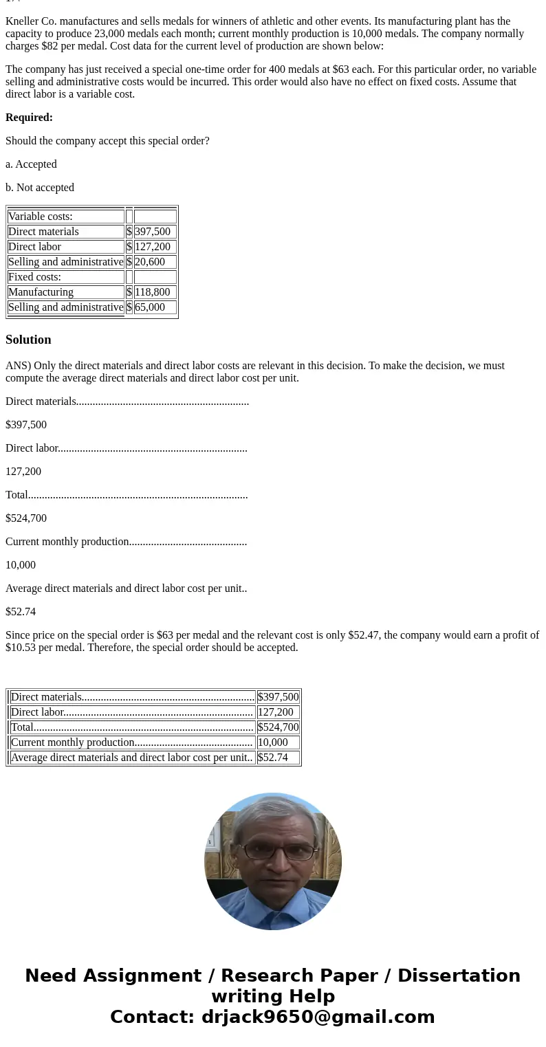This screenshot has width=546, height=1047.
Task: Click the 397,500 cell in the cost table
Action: point(155,232)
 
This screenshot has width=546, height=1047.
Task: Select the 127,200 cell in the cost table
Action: point(155,247)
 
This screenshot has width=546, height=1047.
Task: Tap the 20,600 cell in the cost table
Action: point(155,262)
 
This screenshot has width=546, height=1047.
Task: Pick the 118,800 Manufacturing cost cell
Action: point(155,292)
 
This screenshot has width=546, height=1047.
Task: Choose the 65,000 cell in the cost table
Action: point(155,307)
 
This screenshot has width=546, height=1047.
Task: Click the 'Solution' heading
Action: point(28,340)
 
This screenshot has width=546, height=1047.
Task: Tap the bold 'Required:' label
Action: point(29,118)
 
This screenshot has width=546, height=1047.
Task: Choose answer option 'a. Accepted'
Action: point(31,164)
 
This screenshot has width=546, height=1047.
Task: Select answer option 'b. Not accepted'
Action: point(40,188)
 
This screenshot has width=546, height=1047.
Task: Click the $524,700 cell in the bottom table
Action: point(278,727)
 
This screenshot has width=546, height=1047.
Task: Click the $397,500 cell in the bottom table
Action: point(278,697)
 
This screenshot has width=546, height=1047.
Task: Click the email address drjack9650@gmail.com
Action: point(318,1017)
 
